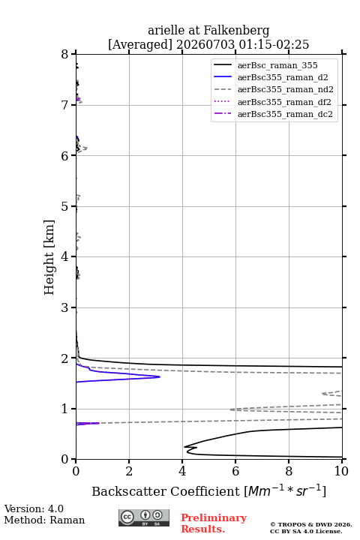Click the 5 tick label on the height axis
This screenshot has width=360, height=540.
(x=64, y=206)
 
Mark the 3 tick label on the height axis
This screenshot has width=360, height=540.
(x=64, y=307)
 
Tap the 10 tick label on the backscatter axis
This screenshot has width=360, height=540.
(x=341, y=471)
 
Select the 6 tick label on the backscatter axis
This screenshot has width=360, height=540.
(x=235, y=471)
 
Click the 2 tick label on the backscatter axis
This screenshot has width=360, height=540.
(x=129, y=471)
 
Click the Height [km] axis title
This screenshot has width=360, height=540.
(x=49, y=257)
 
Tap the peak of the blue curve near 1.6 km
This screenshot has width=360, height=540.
(x=160, y=376)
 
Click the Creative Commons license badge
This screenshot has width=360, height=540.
(x=144, y=518)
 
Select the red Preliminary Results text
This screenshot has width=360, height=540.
(x=214, y=523)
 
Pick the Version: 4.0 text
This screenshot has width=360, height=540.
(x=34, y=508)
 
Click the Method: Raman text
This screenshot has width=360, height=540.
(x=44, y=520)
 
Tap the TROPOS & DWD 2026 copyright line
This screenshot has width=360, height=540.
(x=311, y=524)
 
